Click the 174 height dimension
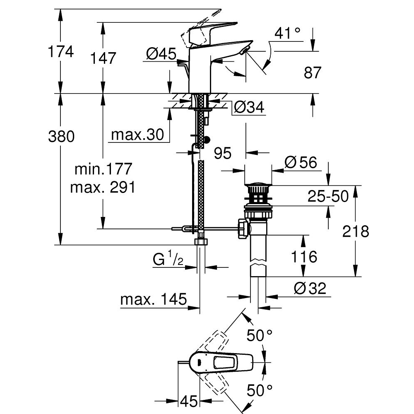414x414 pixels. tap(61, 51)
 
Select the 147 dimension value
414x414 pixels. tap(103, 58)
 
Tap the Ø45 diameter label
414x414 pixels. tap(161, 54)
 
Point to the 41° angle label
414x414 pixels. tap(287, 33)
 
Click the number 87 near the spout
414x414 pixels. tap(312, 72)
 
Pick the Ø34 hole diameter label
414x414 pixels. tap(249, 108)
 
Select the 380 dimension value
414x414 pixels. tap(61, 137)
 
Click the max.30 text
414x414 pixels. tap(137, 135)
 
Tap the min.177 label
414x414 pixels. tap(103, 169)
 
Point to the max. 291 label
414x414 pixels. tap(103, 188)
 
